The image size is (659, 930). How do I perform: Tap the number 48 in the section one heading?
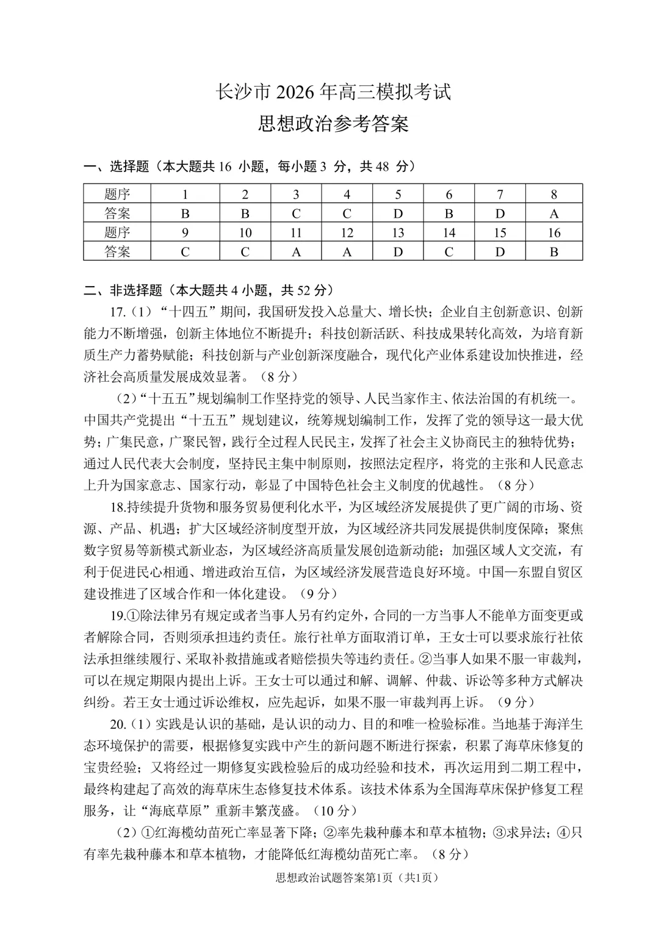click(382, 166)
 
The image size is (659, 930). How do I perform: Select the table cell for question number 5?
click(398, 195)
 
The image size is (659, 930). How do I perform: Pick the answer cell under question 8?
click(553, 213)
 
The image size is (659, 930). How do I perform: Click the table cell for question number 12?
click(347, 232)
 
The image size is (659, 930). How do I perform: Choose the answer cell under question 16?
click(553, 251)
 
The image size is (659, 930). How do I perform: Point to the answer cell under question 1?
click(185, 213)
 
